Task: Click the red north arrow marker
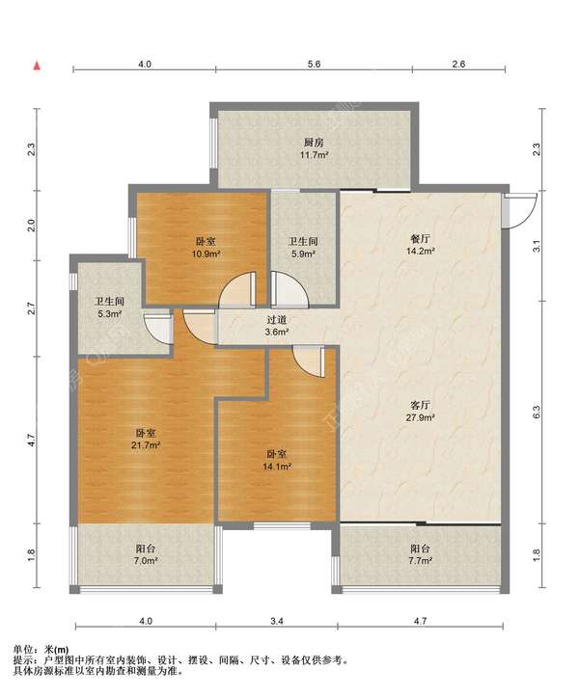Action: click(38, 66)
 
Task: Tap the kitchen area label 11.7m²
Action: click(315, 155)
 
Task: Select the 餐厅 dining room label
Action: click(421, 238)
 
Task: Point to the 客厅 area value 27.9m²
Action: click(421, 417)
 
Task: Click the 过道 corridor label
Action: click(276, 320)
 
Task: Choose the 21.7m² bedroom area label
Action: click(146, 445)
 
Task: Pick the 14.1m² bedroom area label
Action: click(277, 467)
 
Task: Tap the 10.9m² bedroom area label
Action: click(207, 254)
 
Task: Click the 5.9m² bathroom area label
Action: click(303, 254)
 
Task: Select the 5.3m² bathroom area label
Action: click(110, 314)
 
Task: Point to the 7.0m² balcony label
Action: click(146, 561)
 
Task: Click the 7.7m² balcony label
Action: click(421, 561)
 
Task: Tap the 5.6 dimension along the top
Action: click(314, 64)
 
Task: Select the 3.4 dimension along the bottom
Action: click(277, 621)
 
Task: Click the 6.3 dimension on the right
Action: click(537, 412)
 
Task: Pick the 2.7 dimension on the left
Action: click(31, 308)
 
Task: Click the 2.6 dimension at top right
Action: click(458, 64)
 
